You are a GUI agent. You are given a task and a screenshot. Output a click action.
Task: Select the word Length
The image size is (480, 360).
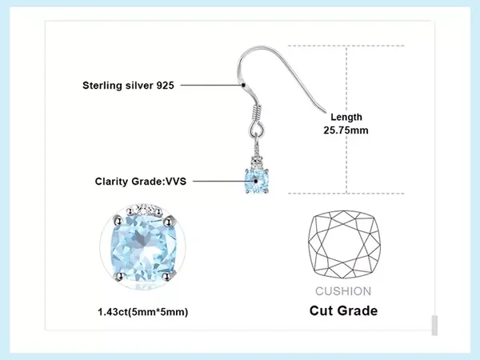tap(346, 118)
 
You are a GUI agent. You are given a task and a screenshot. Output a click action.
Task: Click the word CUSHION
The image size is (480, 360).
tap(343, 291)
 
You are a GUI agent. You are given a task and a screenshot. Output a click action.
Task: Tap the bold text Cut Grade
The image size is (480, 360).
tap(343, 310)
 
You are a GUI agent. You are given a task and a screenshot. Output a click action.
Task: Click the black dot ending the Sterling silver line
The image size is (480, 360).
tap(242, 84)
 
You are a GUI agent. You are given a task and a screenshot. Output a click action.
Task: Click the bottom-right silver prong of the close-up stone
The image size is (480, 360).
tap(170, 277)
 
